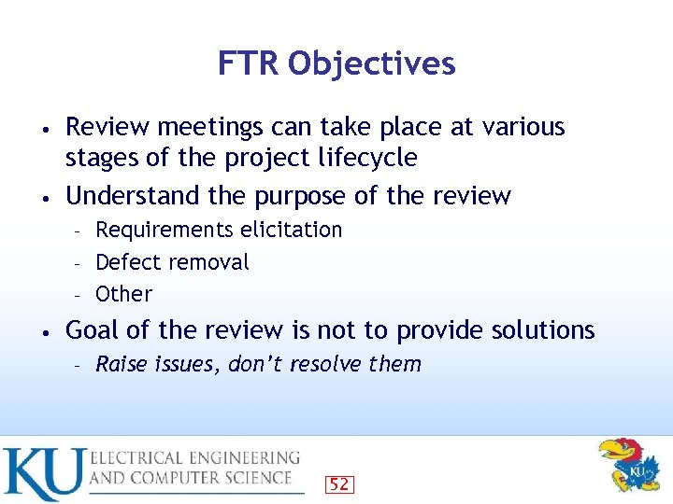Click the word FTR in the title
(x=249, y=63)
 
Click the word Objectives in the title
(x=372, y=63)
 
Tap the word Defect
(x=127, y=262)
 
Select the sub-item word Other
(x=123, y=294)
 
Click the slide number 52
(x=339, y=484)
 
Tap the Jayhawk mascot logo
(x=628, y=464)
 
